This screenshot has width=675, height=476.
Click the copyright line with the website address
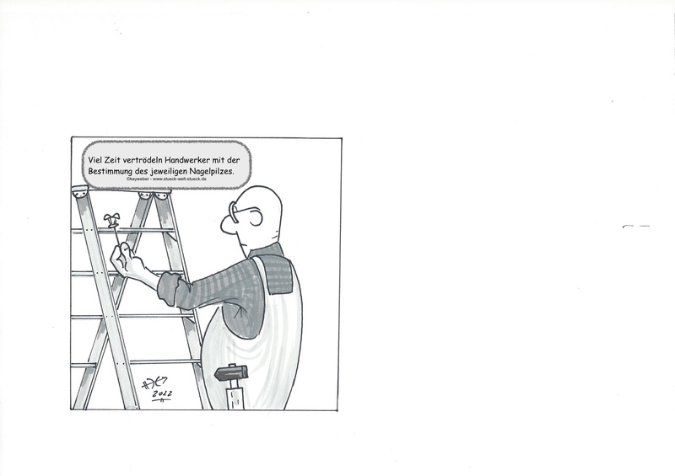pyautogui.click(x=166, y=179)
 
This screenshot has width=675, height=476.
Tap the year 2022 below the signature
pyautogui.click(x=162, y=394)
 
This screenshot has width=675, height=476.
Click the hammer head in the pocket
pyautogui.click(x=231, y=372)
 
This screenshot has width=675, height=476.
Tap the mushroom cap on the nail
pyautogui.click(x=111, y=218)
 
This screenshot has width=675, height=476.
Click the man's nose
pyautogui.click(x=226, y=225)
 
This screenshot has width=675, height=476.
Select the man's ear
pyautogui.click(x=256, y=217)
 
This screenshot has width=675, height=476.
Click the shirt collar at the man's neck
pyautogui.click(x=266, y=251)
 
